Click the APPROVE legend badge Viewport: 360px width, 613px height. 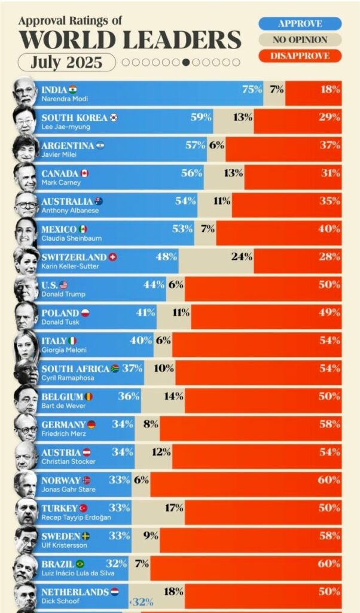point(300,24)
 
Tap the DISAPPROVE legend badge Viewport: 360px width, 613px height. point(300,56)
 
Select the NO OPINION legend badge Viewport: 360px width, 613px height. point(300,40)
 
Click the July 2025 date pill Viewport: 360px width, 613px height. point(66,62)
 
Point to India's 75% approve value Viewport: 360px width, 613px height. point(252,89)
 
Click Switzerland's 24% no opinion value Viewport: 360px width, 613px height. point(242,256)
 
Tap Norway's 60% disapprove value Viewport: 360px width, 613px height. point(330,480)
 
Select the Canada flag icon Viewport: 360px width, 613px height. point(84,174)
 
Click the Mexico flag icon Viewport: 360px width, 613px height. point(83,229)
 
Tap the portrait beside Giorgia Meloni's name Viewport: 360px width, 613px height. point(25,344)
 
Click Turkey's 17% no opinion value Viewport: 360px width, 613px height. point(173,508)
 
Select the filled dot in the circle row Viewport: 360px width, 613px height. point(186,62)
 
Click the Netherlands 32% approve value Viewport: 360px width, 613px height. point(126,601)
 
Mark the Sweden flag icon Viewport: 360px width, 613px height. point(86,536)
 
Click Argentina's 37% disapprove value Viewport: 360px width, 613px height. point(330,145)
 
